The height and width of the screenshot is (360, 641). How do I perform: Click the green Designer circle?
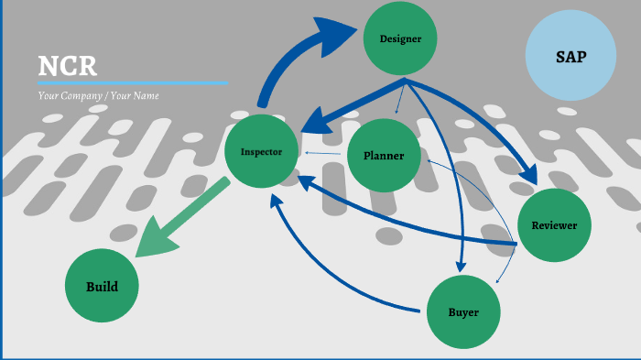[399, 38]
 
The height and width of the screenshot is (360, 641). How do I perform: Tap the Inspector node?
[261, 151]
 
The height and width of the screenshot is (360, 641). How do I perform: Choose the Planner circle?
[384, 156]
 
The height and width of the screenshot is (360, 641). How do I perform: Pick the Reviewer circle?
[554, 224]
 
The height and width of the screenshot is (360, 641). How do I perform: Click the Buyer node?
[463, 312]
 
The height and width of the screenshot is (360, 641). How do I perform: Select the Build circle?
[102, 286]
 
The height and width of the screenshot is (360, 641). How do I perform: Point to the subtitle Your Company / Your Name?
[99, 95]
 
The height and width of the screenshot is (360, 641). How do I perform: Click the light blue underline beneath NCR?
[132, 82]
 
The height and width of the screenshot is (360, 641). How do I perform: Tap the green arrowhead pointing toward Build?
[155, 240]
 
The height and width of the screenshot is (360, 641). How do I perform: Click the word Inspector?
[261, 151]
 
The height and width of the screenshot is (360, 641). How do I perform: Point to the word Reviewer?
[554, 224]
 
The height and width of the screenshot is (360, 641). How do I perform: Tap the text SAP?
[570, 57]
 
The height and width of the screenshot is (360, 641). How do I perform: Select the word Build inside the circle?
[102, 286]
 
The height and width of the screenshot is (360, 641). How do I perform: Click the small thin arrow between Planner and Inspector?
[320, 153]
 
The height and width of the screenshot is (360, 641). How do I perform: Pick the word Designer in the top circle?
[399, 38]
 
